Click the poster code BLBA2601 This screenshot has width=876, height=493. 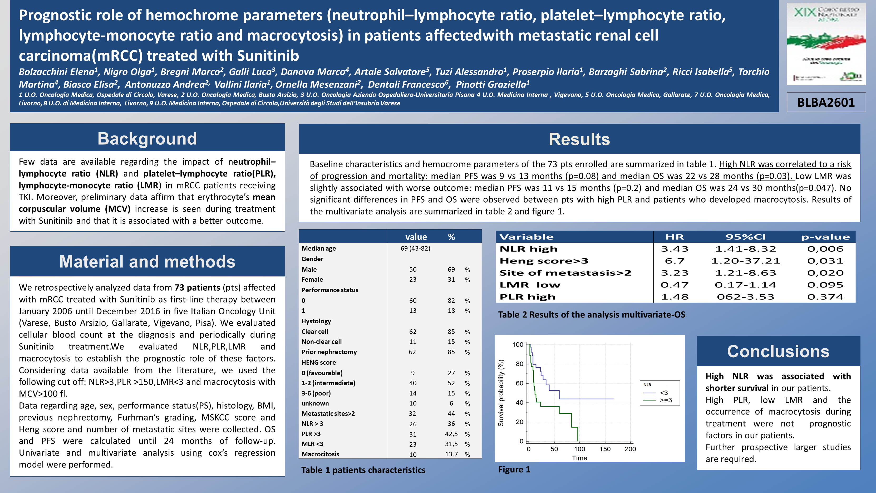[x=826, y=102]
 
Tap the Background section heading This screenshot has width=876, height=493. [x=147, y=139]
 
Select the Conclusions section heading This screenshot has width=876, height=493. [x=778, y=352]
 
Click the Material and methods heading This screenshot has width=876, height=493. [x=147, y=262]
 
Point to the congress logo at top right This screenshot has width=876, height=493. [x=826, y=44]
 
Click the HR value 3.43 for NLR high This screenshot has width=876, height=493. [x=674, y=249]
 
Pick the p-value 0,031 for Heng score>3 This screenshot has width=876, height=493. [x=825, y=261]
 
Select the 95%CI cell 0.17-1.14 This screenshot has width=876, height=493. [x=745, y=285]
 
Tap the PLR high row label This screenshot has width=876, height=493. [x=528, y=297]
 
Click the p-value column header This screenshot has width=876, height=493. [x=825, y=237]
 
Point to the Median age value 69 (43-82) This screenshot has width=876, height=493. [x=415, y=248]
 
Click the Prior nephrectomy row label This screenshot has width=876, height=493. [x=329, y=352]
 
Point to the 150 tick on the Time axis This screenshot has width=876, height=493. [x=605, y=449]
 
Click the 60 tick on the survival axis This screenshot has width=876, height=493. [x=519, y=383]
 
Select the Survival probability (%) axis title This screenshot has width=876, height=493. [x=501, y=393]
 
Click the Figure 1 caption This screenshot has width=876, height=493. [x=514, y=470]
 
